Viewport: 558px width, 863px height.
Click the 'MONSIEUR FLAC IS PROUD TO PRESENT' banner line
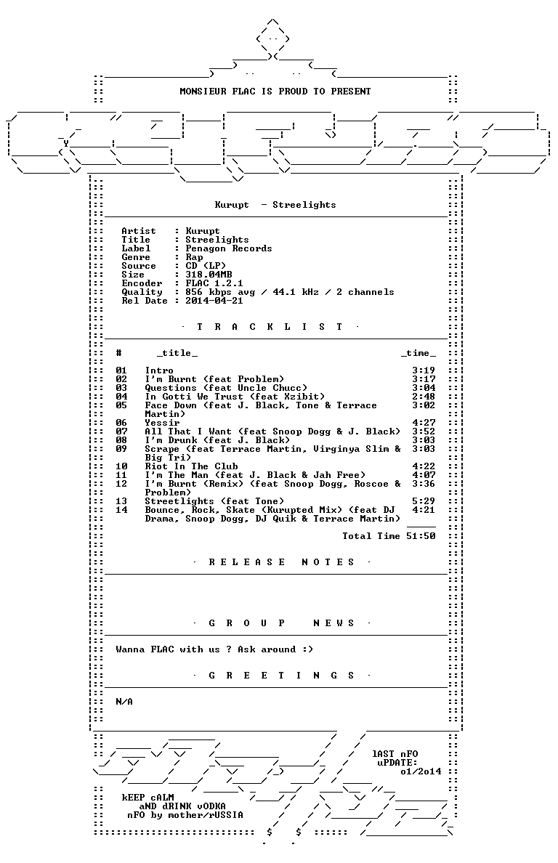pyautogui.click(x=275, y=92)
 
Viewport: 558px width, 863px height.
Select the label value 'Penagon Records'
pyautogui.click(x=228, y=248)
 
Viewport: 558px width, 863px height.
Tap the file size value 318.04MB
pyautogui.click(x=209, y=275)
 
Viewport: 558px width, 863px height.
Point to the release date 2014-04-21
pyautogui.click(x=214, y=301)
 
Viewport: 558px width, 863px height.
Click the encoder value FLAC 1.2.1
pyautogui.click(x=214, y=283)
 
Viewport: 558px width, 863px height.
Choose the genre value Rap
pyautogui.click(x=194, y=257)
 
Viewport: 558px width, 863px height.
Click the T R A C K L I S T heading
pyautogui.click(x=270, y=327)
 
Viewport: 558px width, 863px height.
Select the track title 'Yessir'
pyautogui.click(x=162, y=423)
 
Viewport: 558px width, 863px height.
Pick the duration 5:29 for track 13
pyautogui.click(x=424, y=501)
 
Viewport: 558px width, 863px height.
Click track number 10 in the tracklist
pyautogui.click(x=121, y=466)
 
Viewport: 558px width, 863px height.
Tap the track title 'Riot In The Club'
pyautogui.click(x=192, y=466)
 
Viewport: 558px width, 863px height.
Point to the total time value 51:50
pyautogui.click(x=421, y=536)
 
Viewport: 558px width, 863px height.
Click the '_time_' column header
pyautogui.click(x=418, y=353)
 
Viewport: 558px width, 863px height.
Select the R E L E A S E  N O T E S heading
pyautogui.click(x=283, y=562)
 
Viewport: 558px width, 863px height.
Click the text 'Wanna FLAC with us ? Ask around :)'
pyautogui.click(x=214, y=649)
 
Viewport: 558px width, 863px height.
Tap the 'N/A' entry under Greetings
pyautogui.click(x=124, y=702)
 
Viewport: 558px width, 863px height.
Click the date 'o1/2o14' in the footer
pyautogui.click(x=421, y=771)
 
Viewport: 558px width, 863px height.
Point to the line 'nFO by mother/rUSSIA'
pyautogui.click(x=185, y=815)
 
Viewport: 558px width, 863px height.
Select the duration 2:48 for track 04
pyautogui.click(x=424, y=397)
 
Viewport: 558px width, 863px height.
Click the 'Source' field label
pyautogui.click(x=139, y=266)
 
